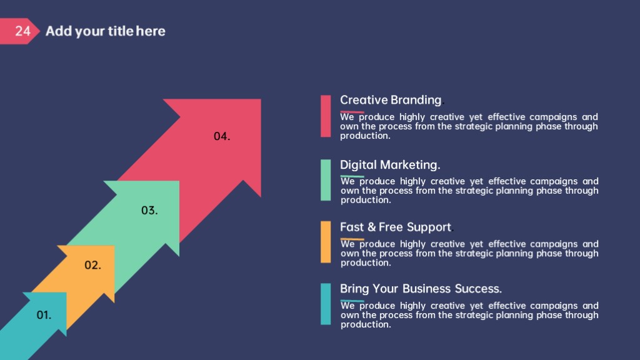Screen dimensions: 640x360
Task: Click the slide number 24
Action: point(23,31)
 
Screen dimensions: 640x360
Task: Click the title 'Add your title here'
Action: point(105,31)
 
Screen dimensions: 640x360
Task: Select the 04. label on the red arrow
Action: point(222,136)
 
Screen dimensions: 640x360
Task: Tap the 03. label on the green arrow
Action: point(149,211)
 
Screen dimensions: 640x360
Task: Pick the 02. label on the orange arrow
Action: point(92,265)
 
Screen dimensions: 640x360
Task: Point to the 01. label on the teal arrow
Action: point(44,315)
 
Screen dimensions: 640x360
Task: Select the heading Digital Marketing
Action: point(390,165)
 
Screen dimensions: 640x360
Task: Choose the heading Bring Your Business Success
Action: point(421,289)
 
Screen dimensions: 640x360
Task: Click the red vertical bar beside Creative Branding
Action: point(326,116)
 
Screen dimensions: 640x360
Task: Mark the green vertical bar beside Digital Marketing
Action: point(326,180)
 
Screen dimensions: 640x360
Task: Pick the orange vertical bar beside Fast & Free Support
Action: point(326,242)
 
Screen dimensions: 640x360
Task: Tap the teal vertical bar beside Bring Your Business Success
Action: point(326,304)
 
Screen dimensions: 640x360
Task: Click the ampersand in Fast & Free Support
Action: point(371,227)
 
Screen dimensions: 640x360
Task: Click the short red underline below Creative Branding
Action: point(352,112)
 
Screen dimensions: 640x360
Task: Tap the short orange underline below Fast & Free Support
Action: point(352,239)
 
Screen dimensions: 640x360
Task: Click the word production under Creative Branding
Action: point(365,136)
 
